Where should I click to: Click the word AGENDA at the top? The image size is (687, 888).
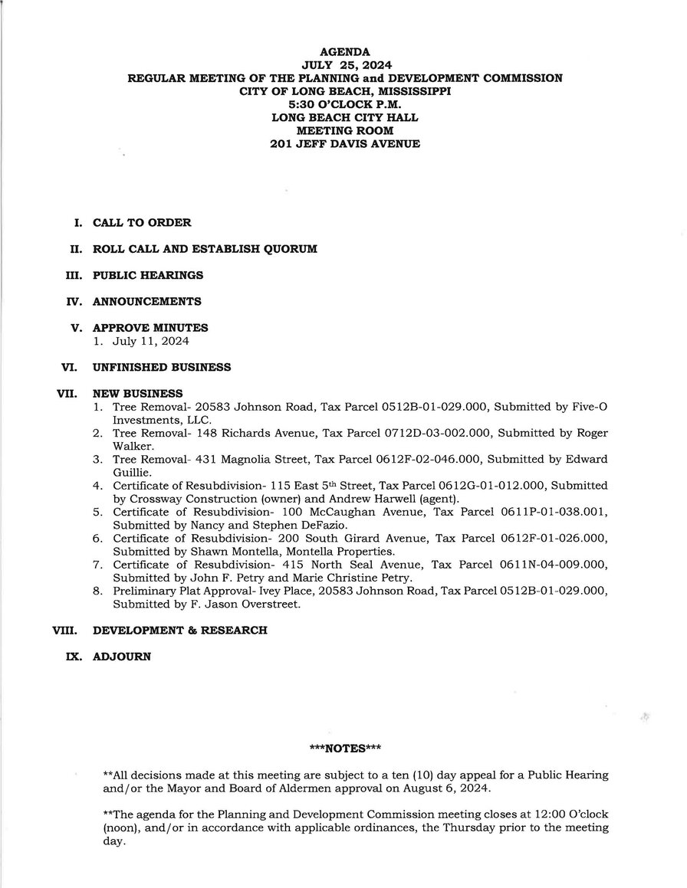[345, 53]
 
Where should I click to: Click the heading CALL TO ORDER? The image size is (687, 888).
[142, 223]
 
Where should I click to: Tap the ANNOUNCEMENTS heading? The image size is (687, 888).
[147, 301]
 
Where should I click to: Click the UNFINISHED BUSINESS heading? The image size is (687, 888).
[162, 367]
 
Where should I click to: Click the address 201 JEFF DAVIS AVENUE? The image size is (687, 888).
[345, 143]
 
